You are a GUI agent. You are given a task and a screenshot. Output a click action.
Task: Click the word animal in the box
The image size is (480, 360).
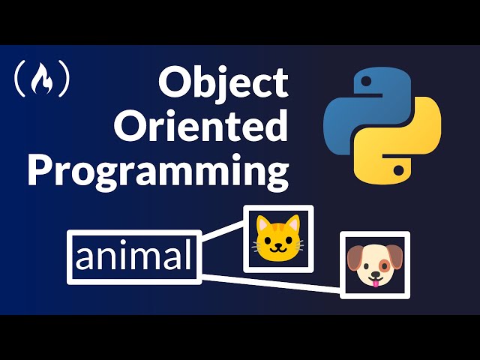(133, 257)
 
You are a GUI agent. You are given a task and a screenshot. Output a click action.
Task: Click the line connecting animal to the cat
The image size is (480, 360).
(223, 238)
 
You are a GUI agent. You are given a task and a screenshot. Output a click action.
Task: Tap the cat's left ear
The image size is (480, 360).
(260, 223)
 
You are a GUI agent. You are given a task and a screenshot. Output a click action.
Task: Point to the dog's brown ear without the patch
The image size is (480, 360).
(353, 259)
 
